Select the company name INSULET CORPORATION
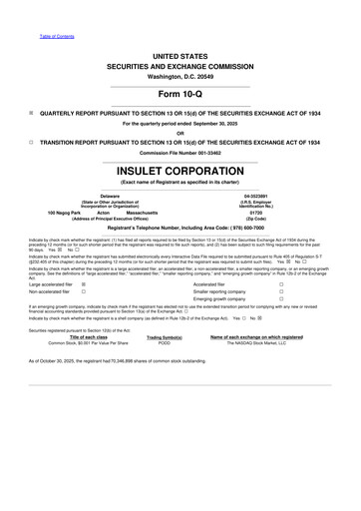[x=180, y=171]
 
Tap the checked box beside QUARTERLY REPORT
[x=31, y=113]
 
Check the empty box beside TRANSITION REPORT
[x=31, y=142]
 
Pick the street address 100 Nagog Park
[x=65, y=213]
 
